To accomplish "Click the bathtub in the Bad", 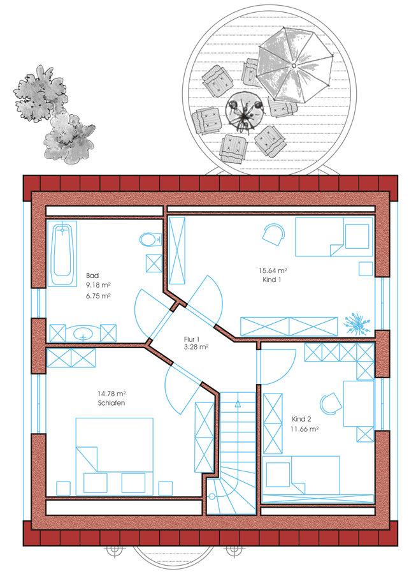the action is [x=62, y=253].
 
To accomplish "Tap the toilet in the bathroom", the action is [x=150, y=240].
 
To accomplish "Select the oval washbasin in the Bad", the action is [x=83, y=333].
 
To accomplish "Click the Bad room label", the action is [x=92, y=276].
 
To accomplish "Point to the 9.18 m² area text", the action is [x=98, y=285].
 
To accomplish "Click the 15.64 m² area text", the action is [x=273, y=270].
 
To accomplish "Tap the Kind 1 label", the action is [x=271, y=280].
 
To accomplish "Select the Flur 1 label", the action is [x=192, y=339].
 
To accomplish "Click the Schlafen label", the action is [x=111, y=402].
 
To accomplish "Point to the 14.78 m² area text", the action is [x=111, y=394].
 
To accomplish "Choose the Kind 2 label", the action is [x=301, y=419].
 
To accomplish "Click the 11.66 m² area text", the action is [x=305, y=429].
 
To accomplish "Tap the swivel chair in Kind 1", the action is [x=273, y=235].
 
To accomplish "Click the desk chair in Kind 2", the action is [x=331, y=404].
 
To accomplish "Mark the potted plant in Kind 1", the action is [x=357, y=323].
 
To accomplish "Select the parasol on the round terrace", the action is [x=294, y=65].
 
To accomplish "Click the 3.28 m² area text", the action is [x=196, y=347].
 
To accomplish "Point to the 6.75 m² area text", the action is [x=98, y=296].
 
